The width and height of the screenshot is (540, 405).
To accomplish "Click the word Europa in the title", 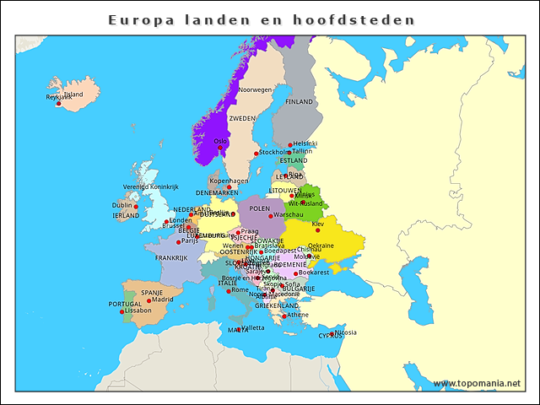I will point(137,19).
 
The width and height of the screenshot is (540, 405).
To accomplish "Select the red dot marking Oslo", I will point(220,148).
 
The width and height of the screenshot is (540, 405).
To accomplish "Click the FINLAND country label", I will point(299,101).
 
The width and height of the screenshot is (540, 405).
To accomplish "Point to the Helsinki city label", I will point(305,143).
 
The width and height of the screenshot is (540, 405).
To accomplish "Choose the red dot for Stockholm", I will point(256,154).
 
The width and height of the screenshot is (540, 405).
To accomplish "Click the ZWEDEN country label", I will point(242,119).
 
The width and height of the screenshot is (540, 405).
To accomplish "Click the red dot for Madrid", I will point(148,300).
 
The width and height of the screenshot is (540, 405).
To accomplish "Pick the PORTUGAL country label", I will point(125,303).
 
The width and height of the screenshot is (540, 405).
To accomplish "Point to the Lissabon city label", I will point(138,310).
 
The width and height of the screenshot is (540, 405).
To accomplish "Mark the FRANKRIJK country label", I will point(171,257).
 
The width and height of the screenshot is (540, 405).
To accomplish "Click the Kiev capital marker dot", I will point(310,226).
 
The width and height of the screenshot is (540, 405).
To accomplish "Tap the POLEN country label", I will point(260,208).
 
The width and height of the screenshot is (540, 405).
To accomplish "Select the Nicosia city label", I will point(345,332).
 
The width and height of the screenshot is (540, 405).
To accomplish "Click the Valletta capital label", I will point(253,327).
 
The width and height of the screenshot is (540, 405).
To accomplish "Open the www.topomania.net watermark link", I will point(477,384).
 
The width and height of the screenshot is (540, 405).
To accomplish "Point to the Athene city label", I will point(298,315).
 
